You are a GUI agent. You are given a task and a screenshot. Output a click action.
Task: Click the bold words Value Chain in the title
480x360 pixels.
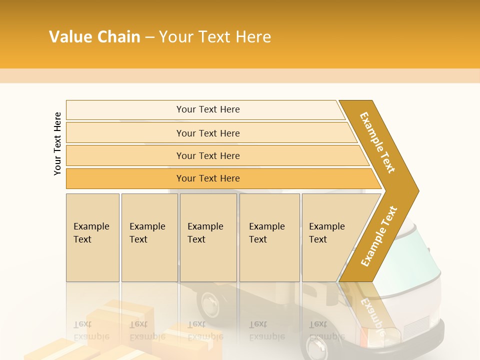94,37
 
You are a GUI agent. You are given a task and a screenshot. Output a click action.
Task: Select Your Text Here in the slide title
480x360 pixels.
215,37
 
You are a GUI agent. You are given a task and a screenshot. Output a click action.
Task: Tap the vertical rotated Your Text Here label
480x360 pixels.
57,143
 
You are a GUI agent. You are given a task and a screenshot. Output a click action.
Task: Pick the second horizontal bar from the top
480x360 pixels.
207,133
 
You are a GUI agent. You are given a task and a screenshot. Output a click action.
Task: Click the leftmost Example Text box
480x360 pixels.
92,237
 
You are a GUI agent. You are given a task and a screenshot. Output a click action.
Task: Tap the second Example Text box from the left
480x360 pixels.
149,237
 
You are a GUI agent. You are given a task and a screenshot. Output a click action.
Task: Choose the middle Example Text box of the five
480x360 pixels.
208,237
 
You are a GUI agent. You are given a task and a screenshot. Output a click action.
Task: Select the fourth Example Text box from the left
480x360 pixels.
269,237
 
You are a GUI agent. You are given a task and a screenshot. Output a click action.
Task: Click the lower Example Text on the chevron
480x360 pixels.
379,236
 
